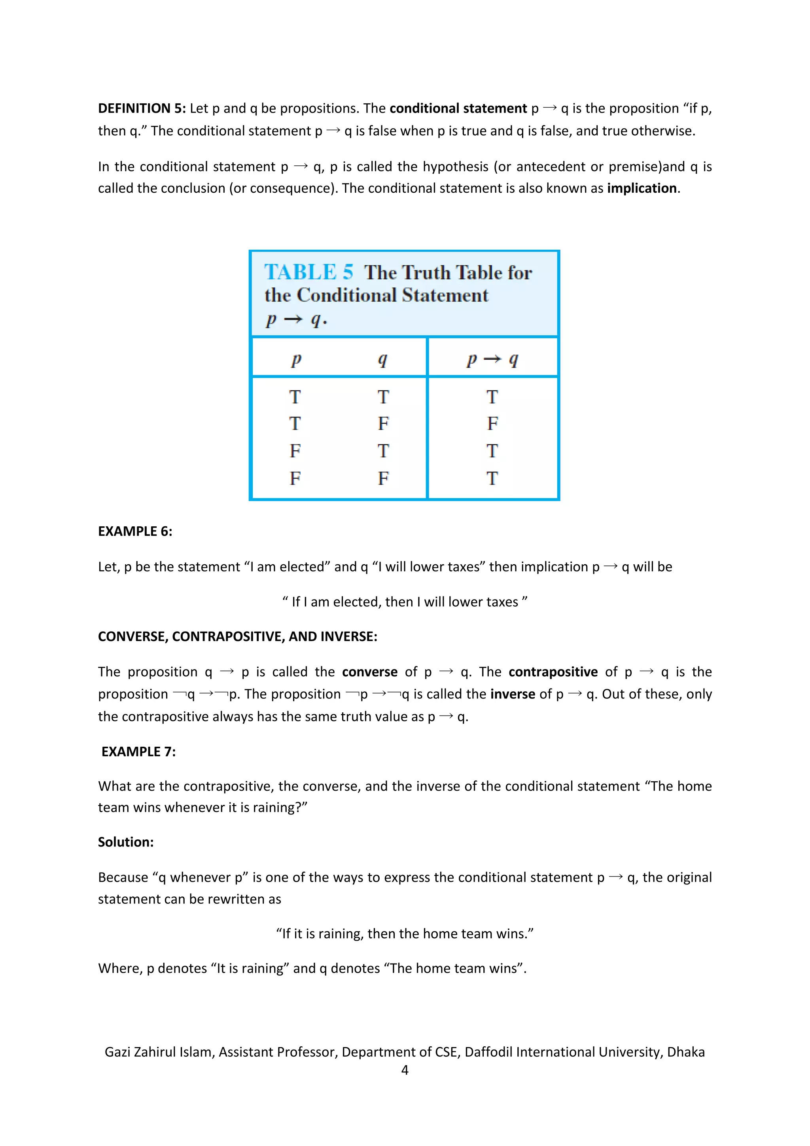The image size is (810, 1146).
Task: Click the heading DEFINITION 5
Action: (x=142, y=108)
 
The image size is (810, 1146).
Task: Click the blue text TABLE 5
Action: (x=308, y=273)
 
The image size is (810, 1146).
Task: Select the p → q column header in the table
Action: (x=492, y=359)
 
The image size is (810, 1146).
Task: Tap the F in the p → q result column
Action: (x=492, y=423)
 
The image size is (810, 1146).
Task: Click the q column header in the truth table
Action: (x=382, y=359)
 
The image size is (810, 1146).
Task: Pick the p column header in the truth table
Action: (x=296, y=359)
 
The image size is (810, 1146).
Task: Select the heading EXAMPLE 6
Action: (x=134, y=531)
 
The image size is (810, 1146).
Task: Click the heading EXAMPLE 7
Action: (x=138, y=752)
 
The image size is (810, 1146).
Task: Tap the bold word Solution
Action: (x=125, y=842)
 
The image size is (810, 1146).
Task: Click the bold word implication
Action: (x=642, y=188)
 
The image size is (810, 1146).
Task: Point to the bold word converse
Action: (x=369, y=672)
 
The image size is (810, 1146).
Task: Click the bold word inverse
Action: (x=512, y=694)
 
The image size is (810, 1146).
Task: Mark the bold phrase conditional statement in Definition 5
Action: (x=458, y=108)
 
